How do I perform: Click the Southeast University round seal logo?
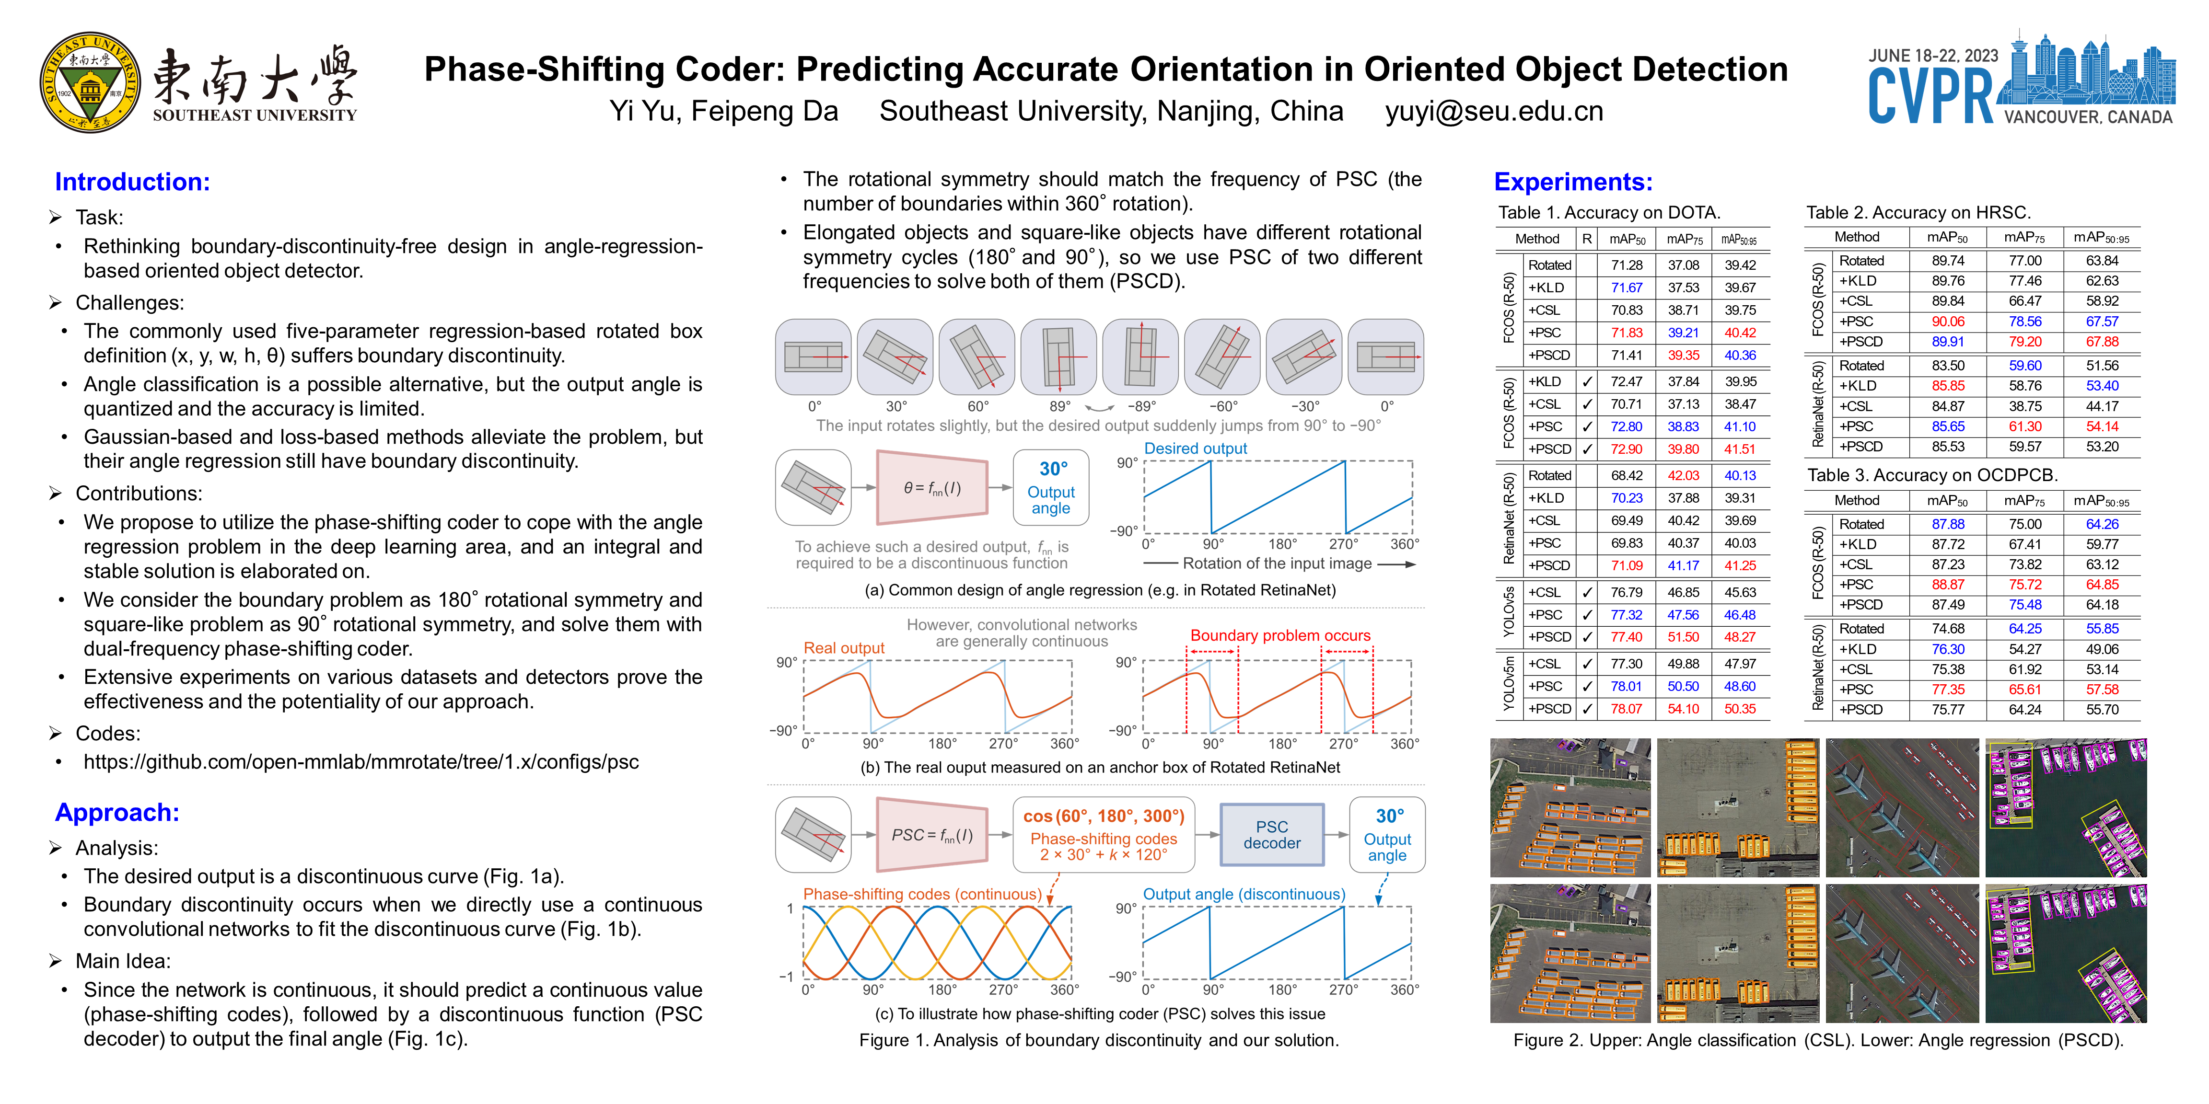point(90,83)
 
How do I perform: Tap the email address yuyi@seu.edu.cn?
point(1494,112)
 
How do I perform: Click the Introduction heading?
point(132,182)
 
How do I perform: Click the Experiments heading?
point(1573,182)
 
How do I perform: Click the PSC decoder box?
point(1272,835)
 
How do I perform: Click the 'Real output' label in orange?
point(844,648)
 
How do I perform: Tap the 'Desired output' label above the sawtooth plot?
point(1196,448)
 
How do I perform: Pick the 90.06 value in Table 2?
point(1947,322)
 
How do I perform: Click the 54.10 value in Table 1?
point(1683,709)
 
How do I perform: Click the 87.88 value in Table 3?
point(1947,524)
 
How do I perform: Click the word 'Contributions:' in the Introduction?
point(139,494)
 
